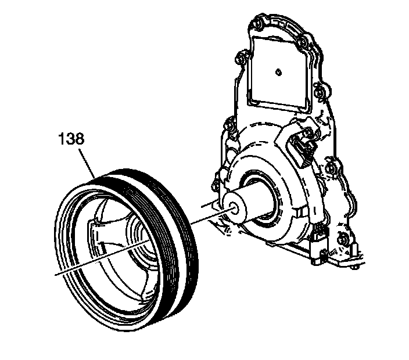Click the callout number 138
pos(71,139)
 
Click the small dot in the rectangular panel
pos(278,72)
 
